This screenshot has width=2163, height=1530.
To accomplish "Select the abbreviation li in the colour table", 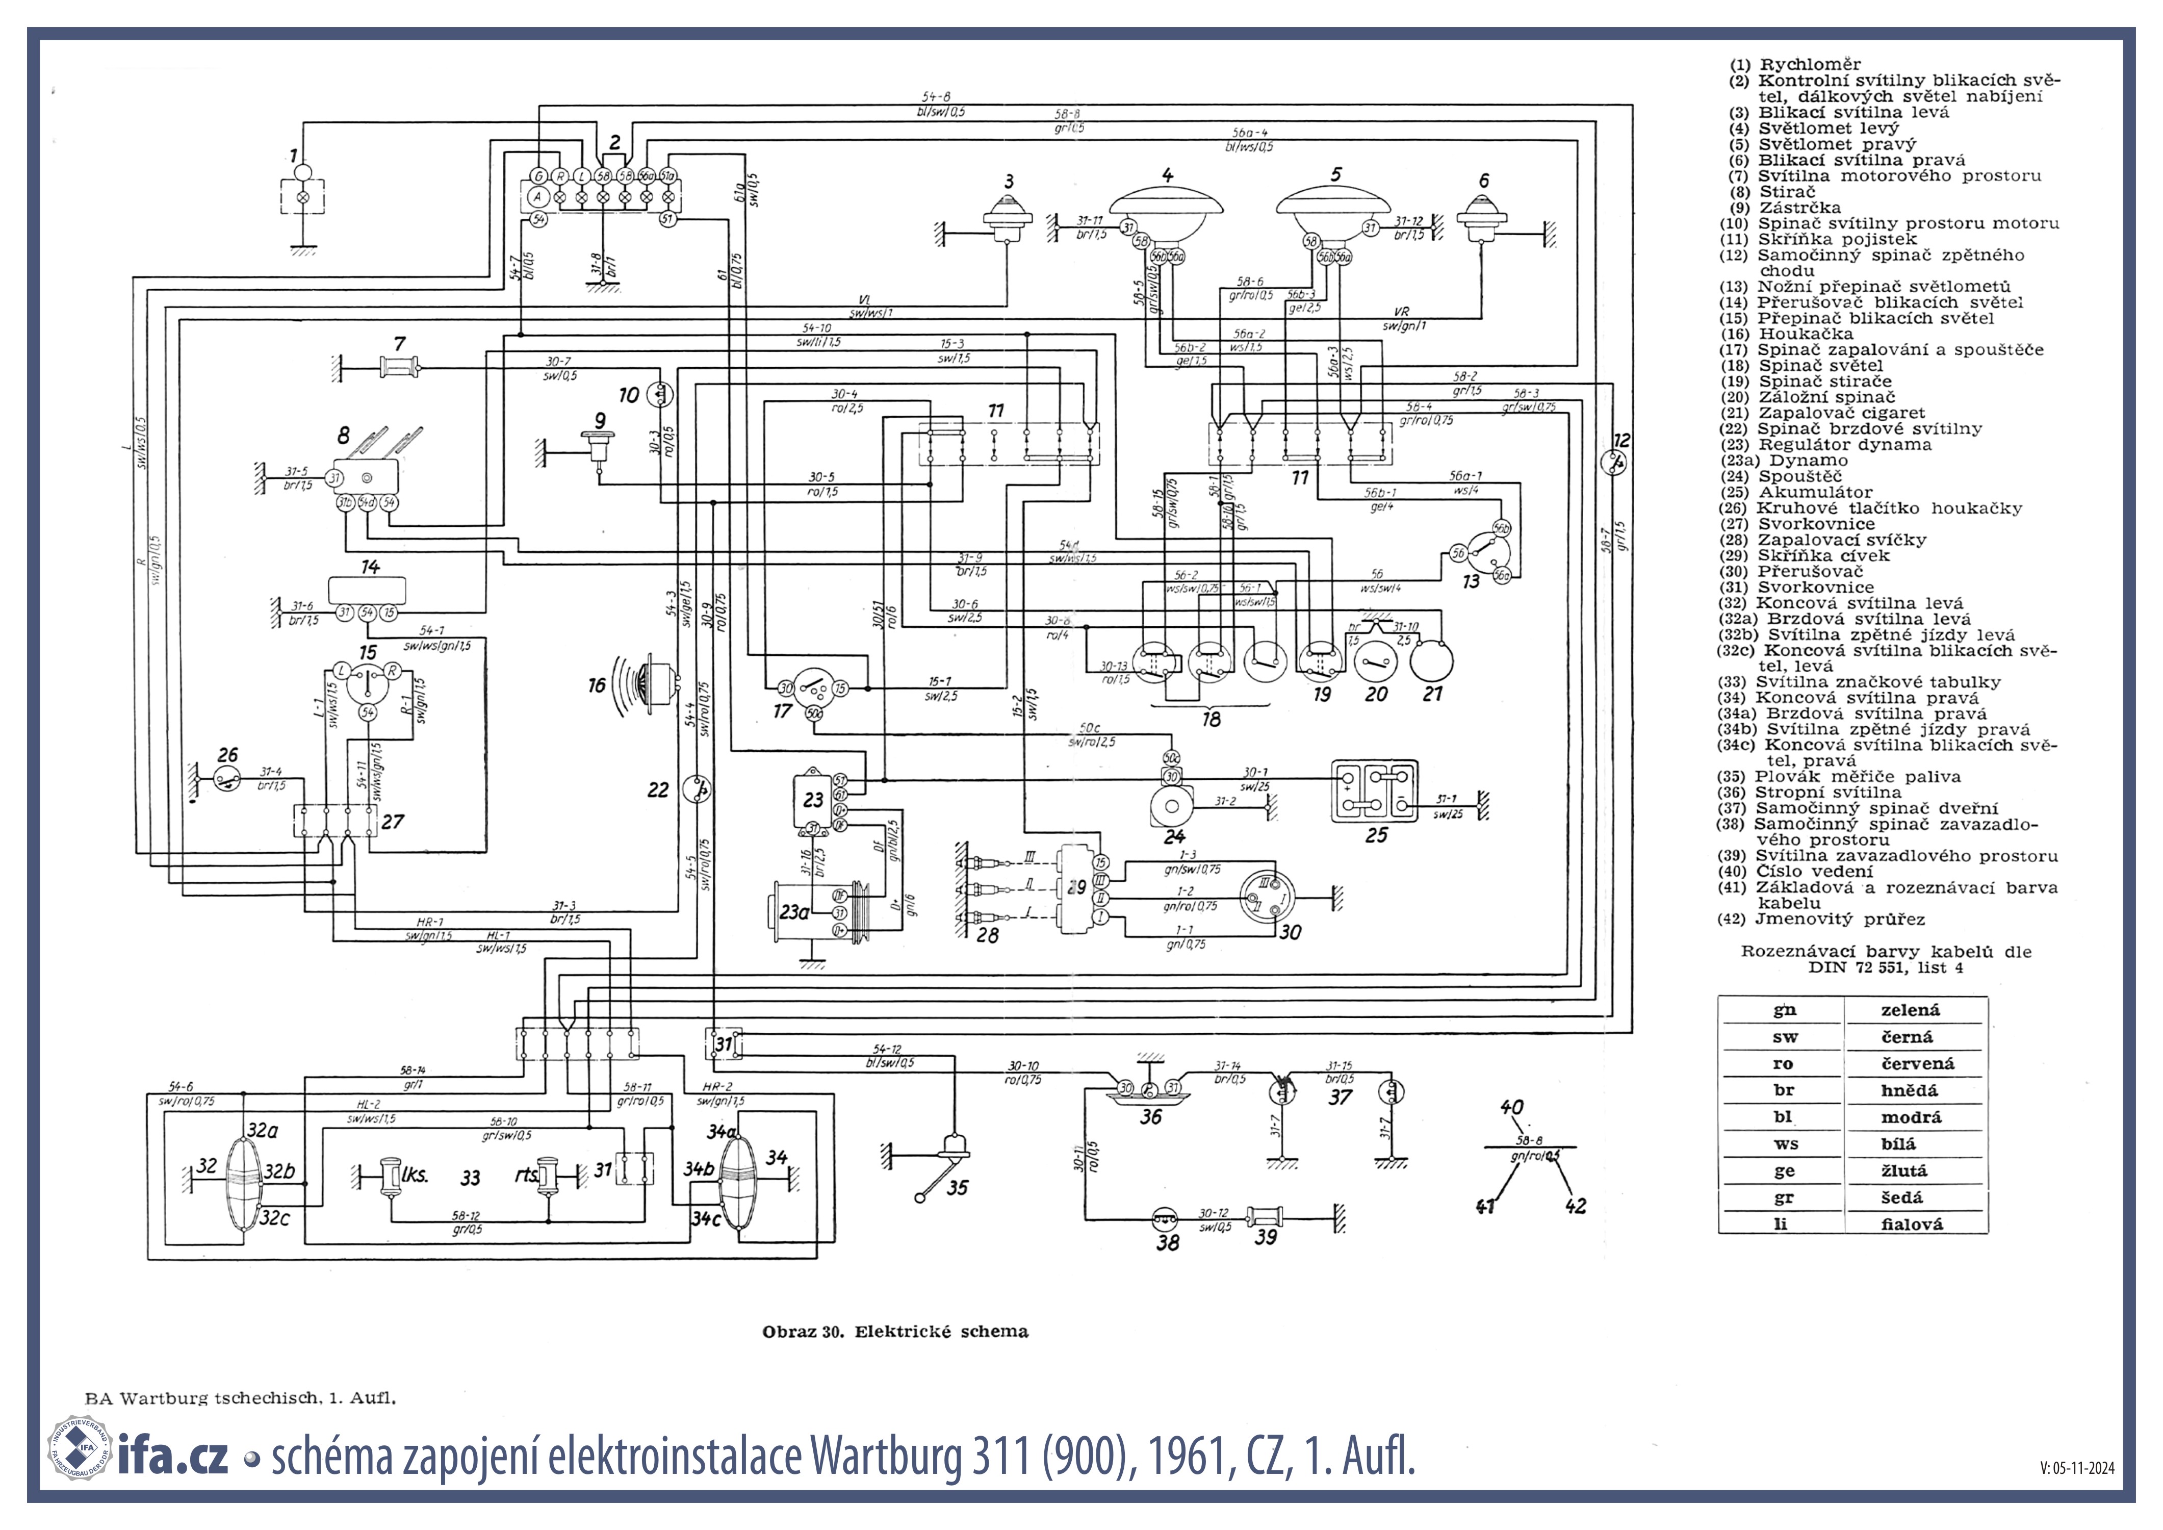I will click(1780, 1225).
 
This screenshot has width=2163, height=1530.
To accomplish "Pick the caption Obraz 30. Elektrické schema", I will click(895, 1331).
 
